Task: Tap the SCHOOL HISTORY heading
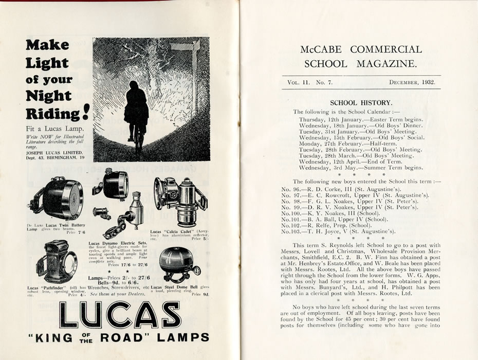coord(361,102)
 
